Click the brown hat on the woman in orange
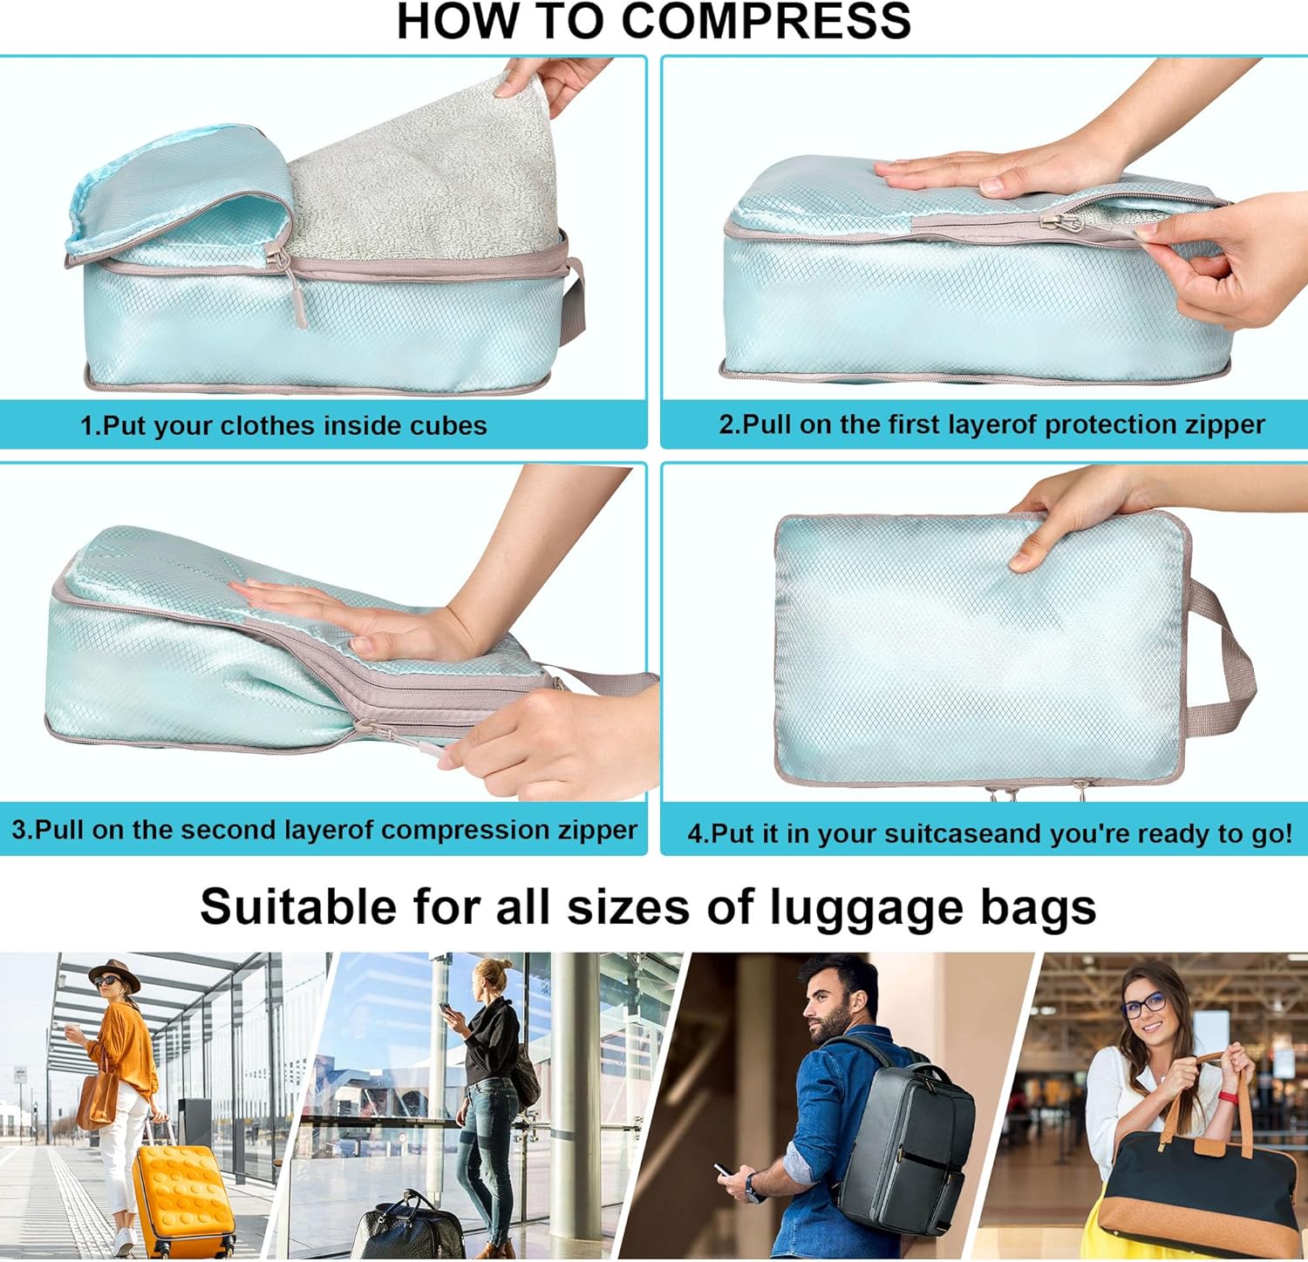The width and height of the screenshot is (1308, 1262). pyautogui.click(x=114, y=973)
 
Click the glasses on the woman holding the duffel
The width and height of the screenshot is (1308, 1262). pyautogui.click(x=1144, y=1005)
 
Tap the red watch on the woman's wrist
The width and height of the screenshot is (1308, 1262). pyautogui.click(x=1229, y=1096)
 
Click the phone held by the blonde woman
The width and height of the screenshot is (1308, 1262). pyautogui.click(x=445, y=1008)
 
